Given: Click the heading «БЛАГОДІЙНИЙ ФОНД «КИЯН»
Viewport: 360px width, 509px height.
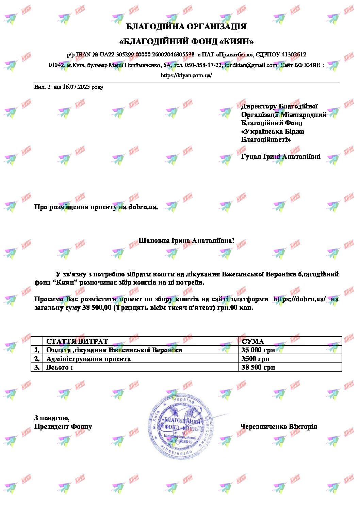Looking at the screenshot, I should click(x=186, y=42).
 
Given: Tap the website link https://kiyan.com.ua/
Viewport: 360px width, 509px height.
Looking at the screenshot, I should click(x=186, y=75).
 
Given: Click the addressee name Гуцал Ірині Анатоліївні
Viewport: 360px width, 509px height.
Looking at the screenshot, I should click(x=281, y=157).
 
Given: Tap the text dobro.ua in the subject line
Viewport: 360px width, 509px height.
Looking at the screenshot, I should click(x=143, y=207).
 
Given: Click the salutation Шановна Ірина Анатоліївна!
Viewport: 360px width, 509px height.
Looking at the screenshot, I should click(x=186, y=241).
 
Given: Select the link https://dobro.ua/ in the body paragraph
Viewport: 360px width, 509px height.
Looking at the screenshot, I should click(x=299, y=299).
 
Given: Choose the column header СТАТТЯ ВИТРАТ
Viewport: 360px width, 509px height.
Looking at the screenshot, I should click(x=77, y=341).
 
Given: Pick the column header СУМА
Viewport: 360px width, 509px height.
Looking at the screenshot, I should click(x=253, y=341).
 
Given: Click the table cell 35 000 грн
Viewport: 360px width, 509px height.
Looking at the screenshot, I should click(x=258, y=350).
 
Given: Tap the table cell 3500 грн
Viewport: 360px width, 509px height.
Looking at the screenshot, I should click(x=255, y=359).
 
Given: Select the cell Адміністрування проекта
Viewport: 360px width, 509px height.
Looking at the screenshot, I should click(x=88, y=359).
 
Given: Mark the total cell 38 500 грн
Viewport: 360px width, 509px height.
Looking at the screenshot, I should click(x=258, y=367).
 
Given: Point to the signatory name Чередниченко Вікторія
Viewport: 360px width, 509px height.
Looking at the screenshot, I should click(x=279, y=426).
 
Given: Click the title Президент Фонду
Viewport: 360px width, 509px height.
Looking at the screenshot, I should click(x=63, y=426).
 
